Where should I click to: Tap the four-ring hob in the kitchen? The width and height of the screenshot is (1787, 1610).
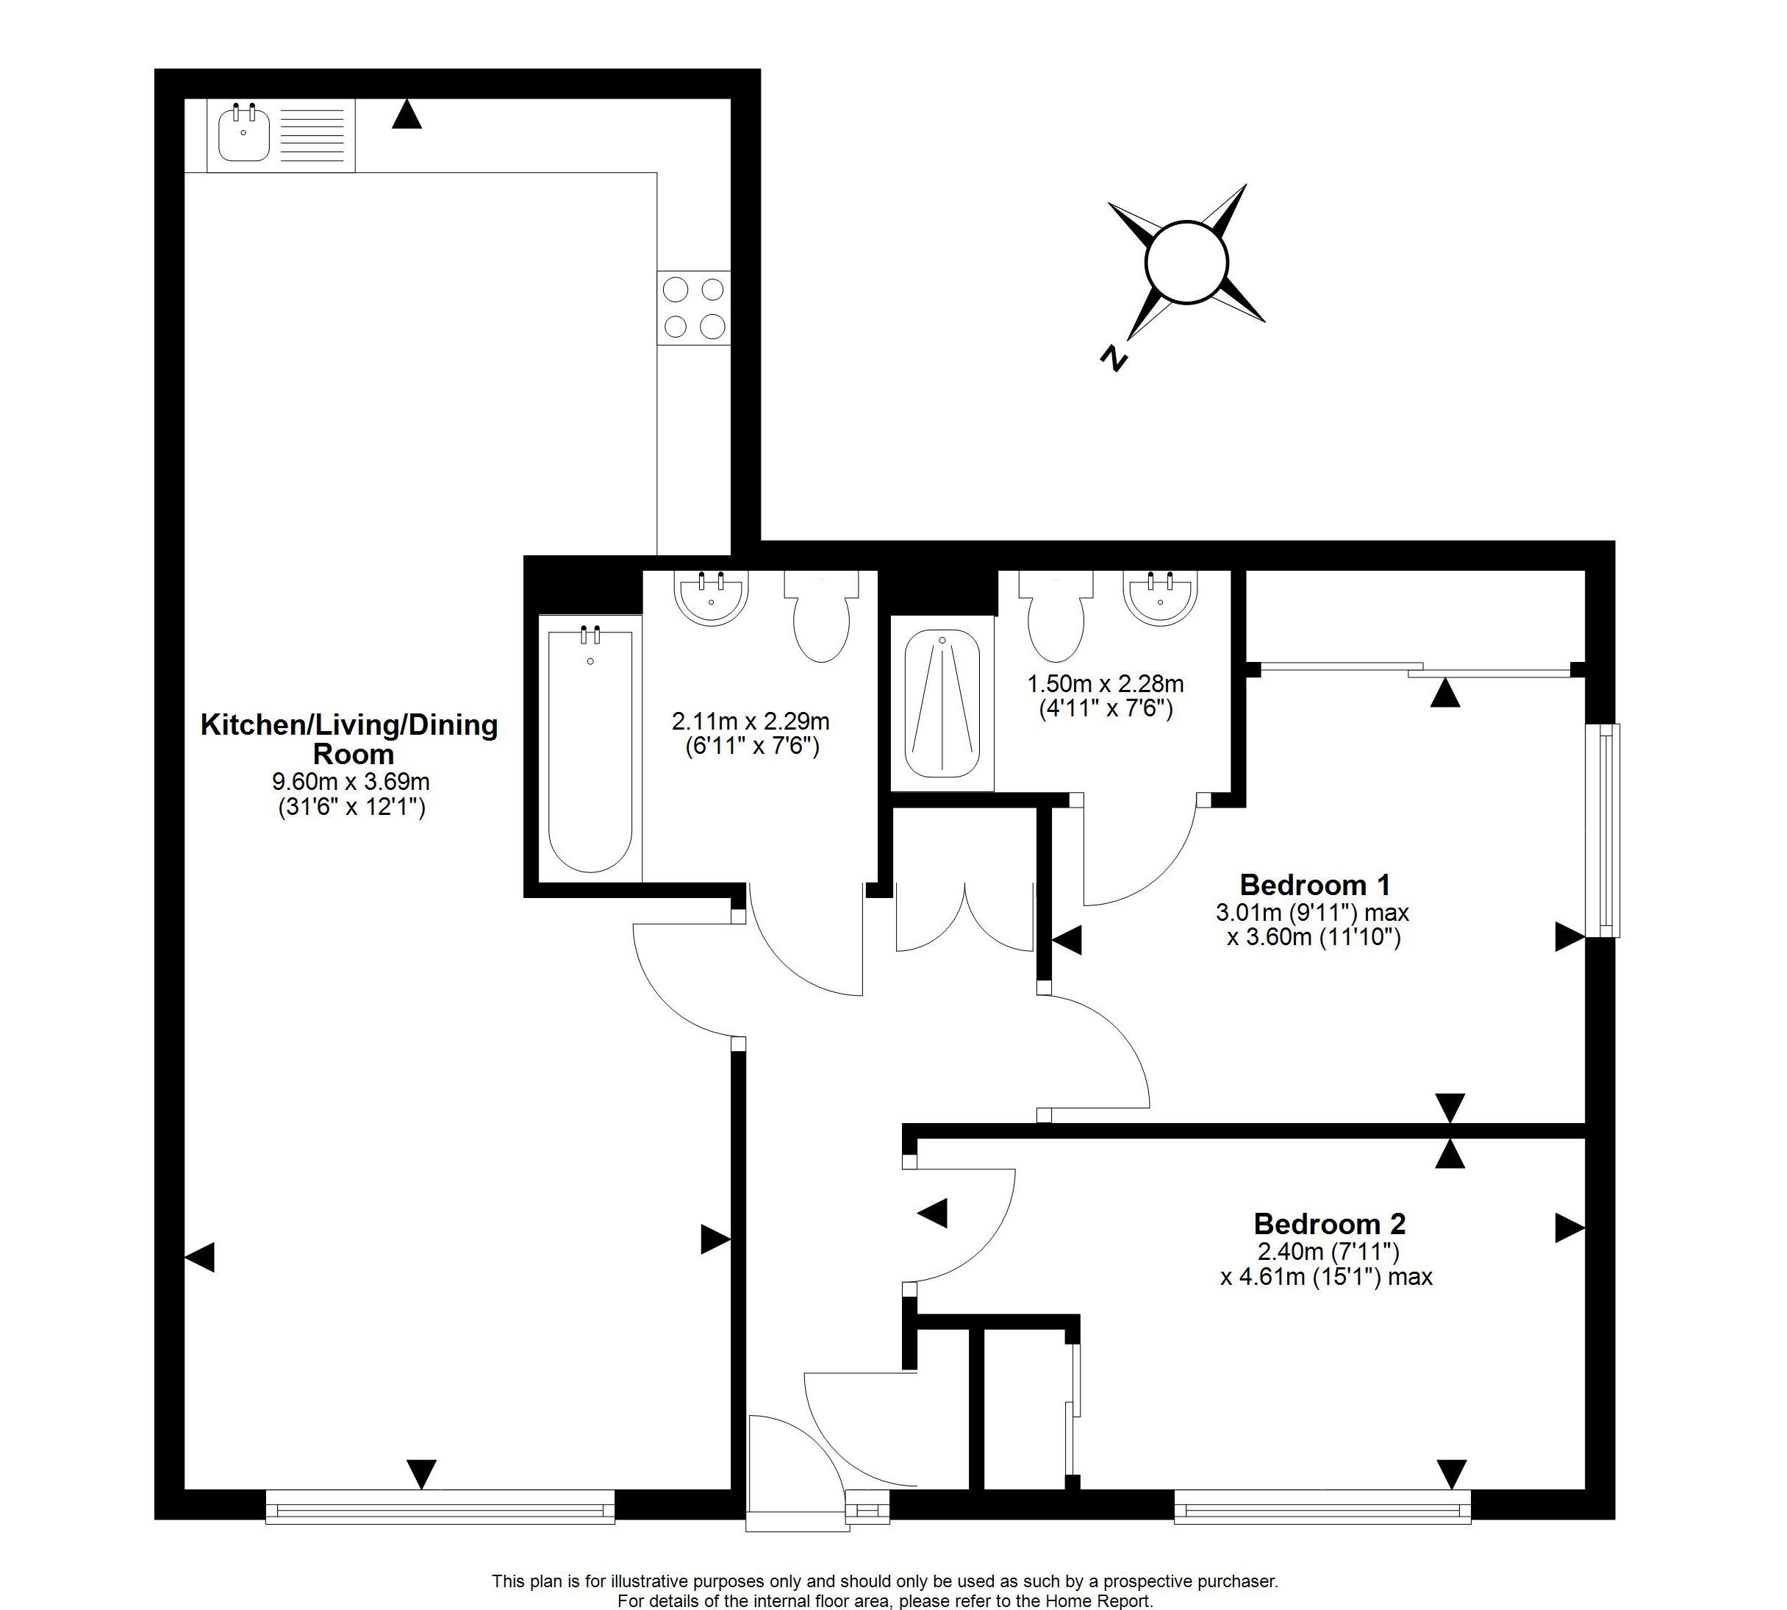click(694, 308)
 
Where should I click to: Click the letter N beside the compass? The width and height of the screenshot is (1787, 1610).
click(1114, 359)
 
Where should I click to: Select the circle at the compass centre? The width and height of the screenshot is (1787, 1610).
click(1186, 263)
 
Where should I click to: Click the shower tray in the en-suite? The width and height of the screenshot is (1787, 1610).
click(942, 703)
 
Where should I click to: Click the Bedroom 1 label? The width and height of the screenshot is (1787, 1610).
click(1315, 885)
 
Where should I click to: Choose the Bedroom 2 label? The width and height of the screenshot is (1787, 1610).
click(1330, 1225)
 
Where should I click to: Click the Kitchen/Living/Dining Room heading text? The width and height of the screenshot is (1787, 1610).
click(350, 739)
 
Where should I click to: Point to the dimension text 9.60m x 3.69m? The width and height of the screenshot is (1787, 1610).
click(351, 782)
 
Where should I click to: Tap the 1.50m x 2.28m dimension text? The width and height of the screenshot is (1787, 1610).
click(1106, 684)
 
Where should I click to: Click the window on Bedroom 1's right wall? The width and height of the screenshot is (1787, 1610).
click(1603, 830)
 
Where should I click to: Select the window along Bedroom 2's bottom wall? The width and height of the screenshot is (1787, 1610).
click(1322, 1506)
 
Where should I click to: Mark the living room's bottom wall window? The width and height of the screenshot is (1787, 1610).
click(440, 1506)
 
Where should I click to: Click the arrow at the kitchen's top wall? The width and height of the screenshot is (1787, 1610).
click(407, 114)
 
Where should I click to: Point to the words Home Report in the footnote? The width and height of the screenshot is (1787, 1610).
click(1097, 1600)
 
